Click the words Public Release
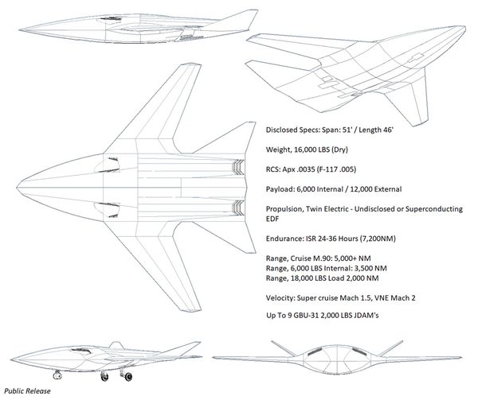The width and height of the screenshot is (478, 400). (26, 392)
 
